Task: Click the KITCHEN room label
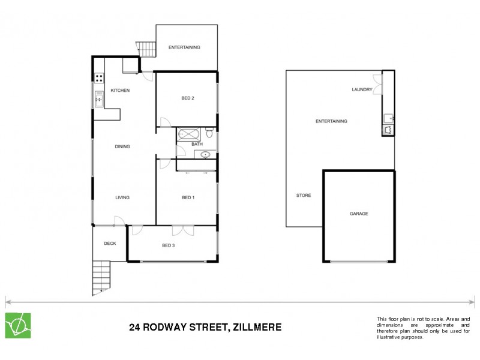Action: pos(120,91)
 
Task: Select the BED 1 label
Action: pos(188,197)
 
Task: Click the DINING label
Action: pos(122,146)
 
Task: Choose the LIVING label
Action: pos(122,197)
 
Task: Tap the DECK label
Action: pos(110,243)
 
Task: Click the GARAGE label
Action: pos(359,214)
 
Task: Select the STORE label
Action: pos(304,196)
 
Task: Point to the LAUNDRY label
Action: pos(362,90)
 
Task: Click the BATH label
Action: pos(197,144)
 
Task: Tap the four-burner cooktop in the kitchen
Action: pos(99,77)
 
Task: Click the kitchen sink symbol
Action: pos(99,100)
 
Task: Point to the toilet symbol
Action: pos(209,133)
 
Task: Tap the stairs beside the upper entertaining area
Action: pos(145,47)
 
